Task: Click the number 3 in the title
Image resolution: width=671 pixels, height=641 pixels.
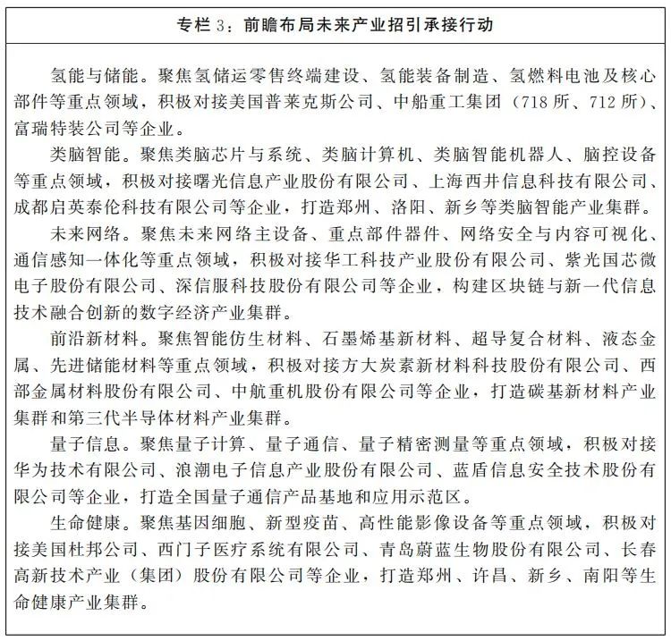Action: (x=223, y=24)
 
